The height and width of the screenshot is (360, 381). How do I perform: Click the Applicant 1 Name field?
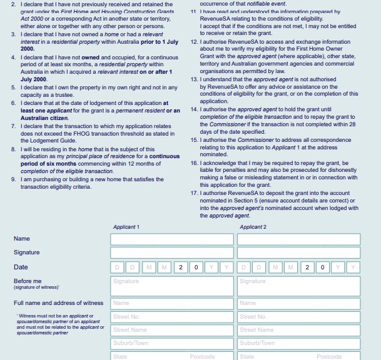pyautogui.click(x=171, y=239)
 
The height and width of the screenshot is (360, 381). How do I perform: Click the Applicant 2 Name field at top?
pyautogui.click(x=298, y=239)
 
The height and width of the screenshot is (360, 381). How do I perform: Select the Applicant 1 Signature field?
pyautogui.click(x=171, y=253)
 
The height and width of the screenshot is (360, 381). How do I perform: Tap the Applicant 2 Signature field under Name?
pyautogui.click(x=298, y=253)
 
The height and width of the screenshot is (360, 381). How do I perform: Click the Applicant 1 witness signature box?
pyautogui.click(x=171, y=286)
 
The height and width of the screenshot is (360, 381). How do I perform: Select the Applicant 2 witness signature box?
pyautogui.click(x=298, y=286)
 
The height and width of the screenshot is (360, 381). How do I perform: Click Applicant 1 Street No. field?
pyautogui.click(x=171, y=317)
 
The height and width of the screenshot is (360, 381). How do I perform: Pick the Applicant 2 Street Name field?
pyautogui.click(x=298, y=330)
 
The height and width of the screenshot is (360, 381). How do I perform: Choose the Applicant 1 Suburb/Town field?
pyautogui.click(x=171, y=343)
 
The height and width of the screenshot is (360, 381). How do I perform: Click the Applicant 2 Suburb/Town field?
pyautogui.click(x=298, y=343)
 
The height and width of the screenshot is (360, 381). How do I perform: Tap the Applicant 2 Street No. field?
pyautogui.click(x=298, y=317)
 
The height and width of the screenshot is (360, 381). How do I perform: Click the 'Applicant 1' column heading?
pyautogui.click(x=126, y=227)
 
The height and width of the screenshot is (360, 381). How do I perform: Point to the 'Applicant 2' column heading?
pyautogui.click(x=253, y=227)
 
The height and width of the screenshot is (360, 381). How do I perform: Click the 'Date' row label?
pyautogui.click(x=21, y=267)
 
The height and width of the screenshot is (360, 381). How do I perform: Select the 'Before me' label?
pyautogui.click(x=28, y=281)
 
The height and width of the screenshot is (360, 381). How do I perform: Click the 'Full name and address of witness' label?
pyautogui.click(x=58, y=303)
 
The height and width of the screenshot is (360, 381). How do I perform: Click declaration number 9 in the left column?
pyautogui.click(x=13, y=179)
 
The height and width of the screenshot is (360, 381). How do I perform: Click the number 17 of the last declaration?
pyautogui.click(x=194, y=193)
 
